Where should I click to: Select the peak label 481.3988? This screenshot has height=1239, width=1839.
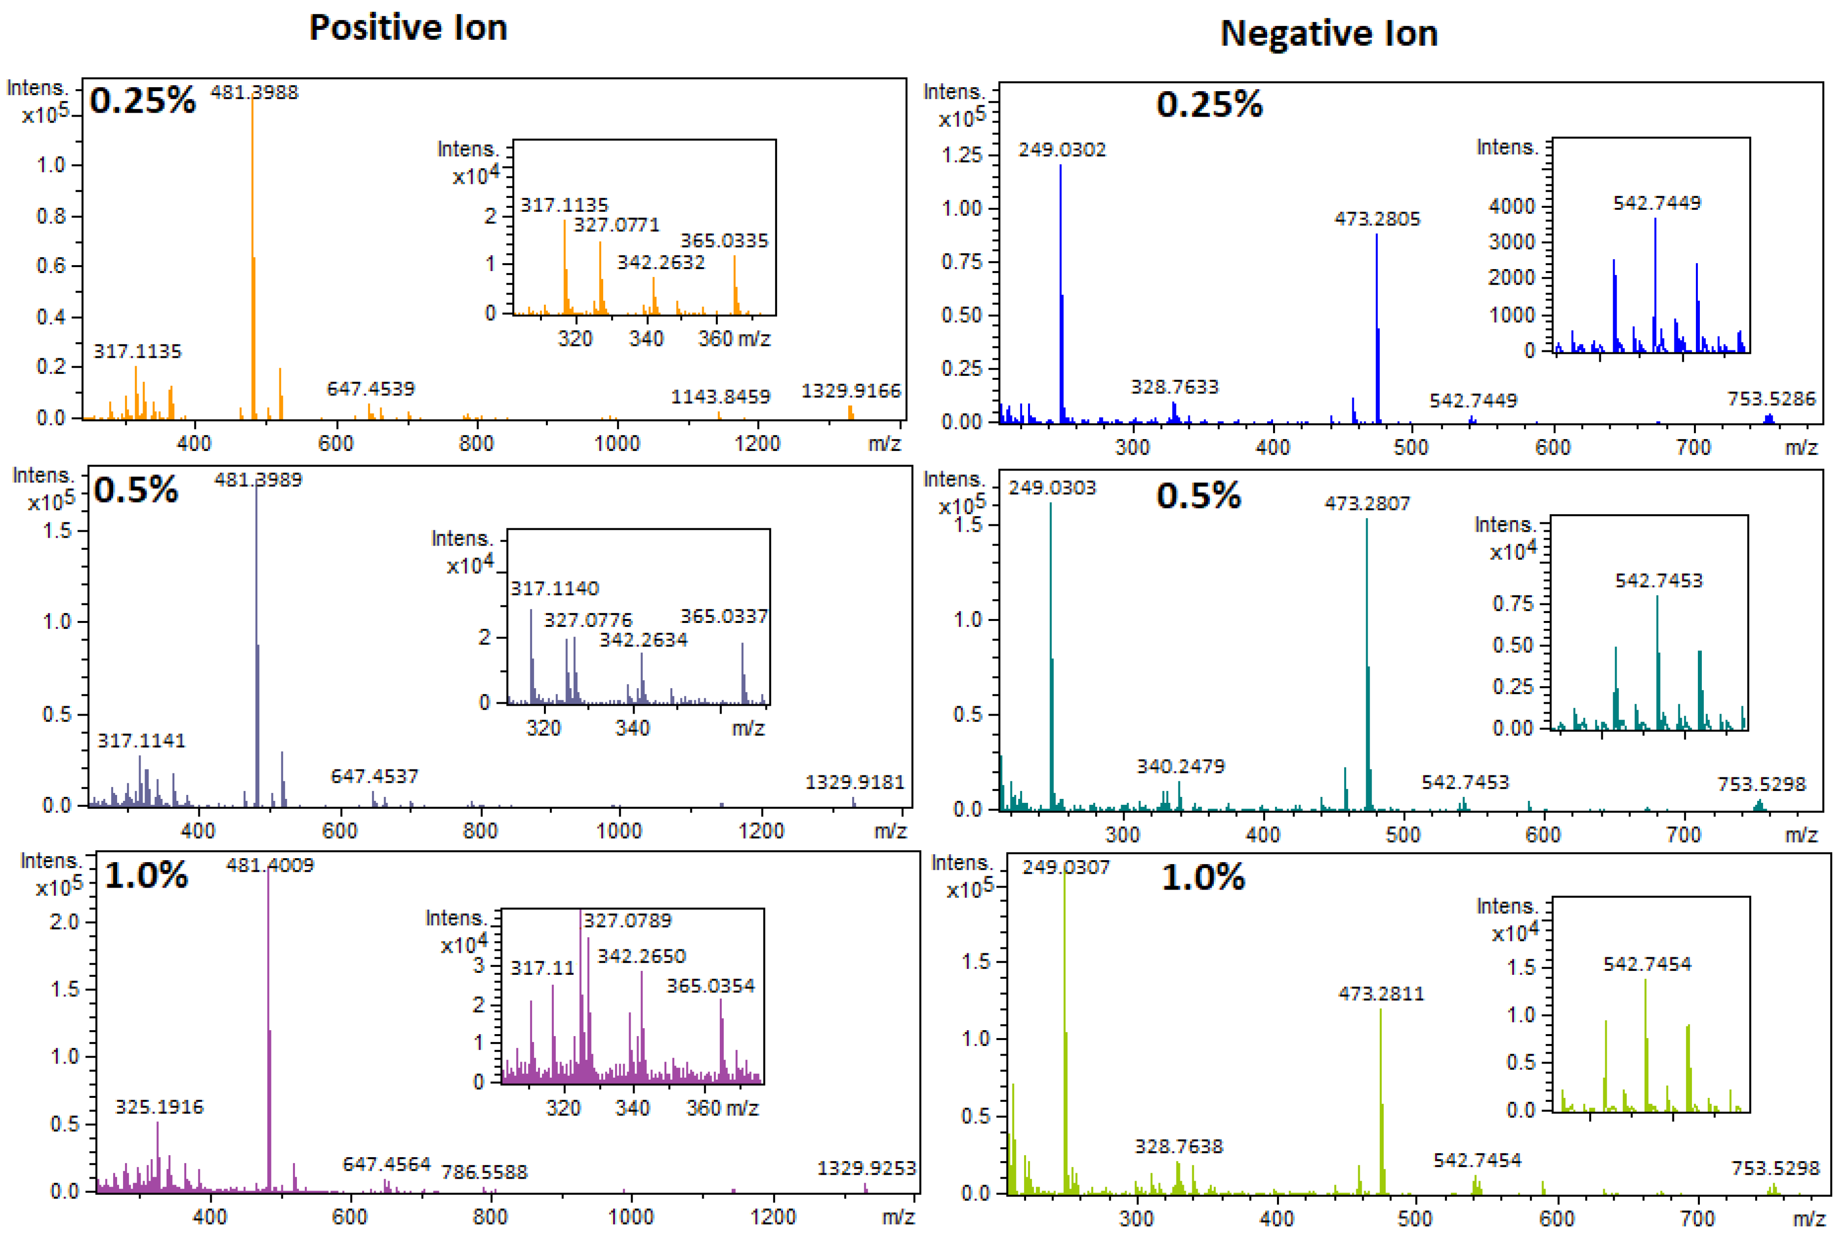click(254, 93)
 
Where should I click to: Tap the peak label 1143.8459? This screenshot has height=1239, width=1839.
click(720, 396)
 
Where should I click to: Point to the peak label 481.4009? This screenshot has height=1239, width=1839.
click(270, 865)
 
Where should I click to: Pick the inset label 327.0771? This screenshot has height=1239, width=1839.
click(615, 225)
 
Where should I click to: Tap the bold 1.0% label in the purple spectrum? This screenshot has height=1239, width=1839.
click(146, 875)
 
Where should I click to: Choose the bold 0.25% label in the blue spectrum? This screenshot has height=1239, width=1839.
click(1209, 104)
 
